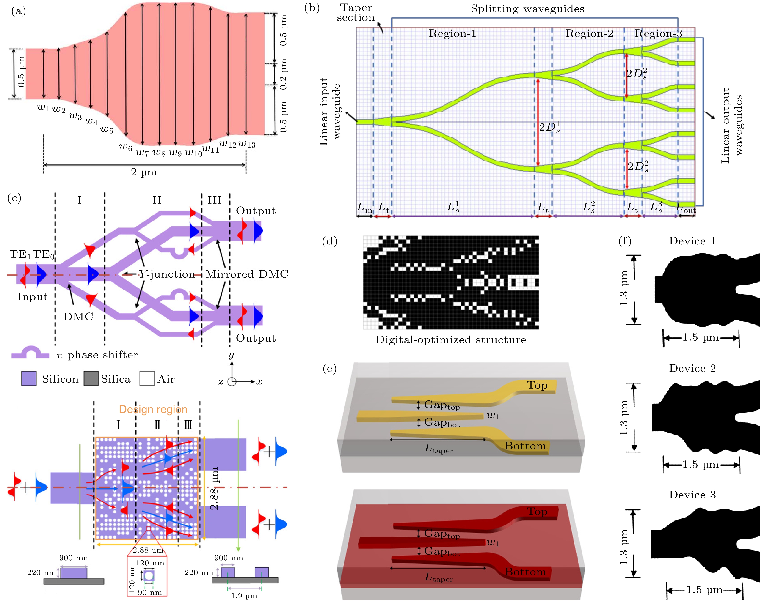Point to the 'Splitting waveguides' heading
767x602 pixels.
(x=527, y=9)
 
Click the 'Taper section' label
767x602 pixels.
(x=356, y=13)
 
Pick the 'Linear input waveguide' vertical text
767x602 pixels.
(x=330, y=111)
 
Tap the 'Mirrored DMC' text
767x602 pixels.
(x=247, y=274)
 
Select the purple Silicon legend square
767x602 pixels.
(x=29, y=379)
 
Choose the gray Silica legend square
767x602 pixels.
(x=91, y=379)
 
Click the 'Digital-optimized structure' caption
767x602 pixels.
(x=451, y=340)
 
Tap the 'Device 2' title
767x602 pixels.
(x=692, y=368)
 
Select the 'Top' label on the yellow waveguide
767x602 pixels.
(x=537, y=385)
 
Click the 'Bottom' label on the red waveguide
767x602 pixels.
(x=525, y=572)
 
